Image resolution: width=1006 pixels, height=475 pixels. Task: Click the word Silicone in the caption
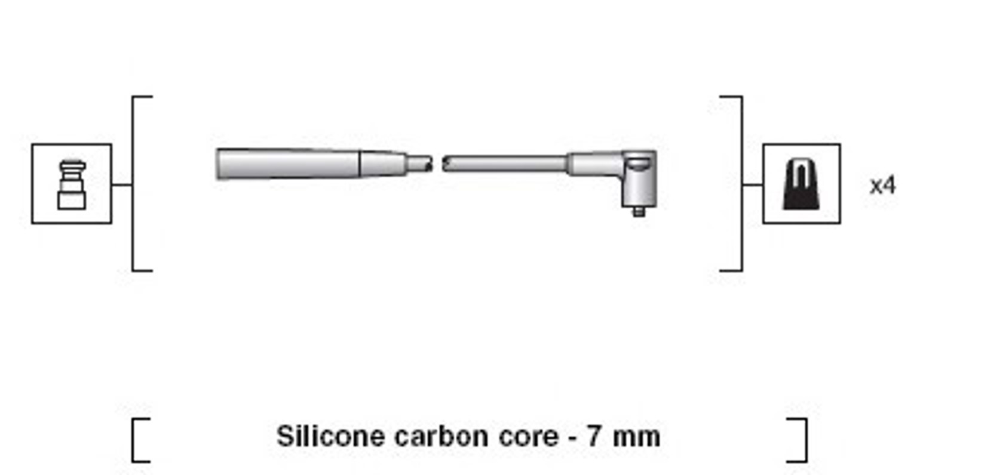click(x=330, y=436)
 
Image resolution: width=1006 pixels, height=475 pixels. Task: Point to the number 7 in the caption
click(x=593, y=436)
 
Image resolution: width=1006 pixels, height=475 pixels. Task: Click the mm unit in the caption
click(x=636, y=438)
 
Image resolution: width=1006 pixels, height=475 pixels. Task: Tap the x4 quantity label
click(x=882, y=186)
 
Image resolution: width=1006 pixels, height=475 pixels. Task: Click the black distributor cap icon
click(x=800, y=185)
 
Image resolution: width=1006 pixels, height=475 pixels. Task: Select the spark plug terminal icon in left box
click(x=72, y=185)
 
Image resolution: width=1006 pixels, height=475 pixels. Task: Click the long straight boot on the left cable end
click(x=288, y=164)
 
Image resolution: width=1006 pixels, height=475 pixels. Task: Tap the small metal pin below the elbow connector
click(x=639, y=212)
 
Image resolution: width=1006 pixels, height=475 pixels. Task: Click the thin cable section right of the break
click(x=504, y=164)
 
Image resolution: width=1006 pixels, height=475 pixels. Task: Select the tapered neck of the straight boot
click(x=383, y=164)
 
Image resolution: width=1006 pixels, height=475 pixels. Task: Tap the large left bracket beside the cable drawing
click(x=133, y=184)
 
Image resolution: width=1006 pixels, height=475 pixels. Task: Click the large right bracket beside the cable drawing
click(x=741, y=184)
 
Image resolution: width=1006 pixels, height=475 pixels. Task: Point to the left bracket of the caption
click(x=133, y=440)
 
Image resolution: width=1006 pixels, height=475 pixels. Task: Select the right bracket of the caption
click(x=806, y=440)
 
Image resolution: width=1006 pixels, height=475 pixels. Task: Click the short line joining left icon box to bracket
click(x=122, y=184)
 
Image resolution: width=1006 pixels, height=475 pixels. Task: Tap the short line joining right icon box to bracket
click(x=753, y=184)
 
